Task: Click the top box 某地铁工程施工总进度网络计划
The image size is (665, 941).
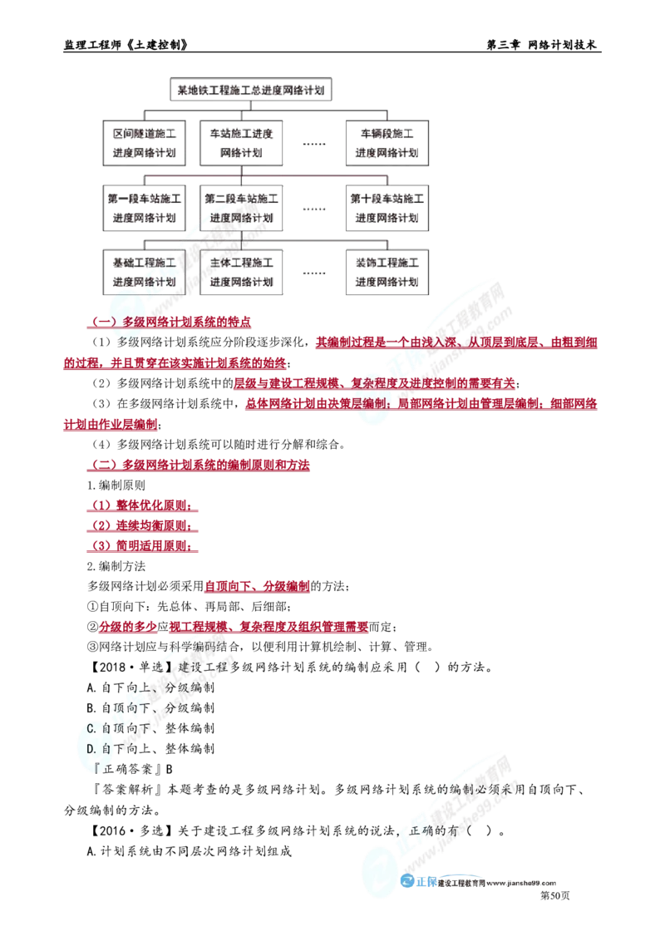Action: coord(251,90)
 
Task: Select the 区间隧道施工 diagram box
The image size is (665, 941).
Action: coord(144,143)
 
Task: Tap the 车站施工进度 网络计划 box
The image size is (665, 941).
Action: coord(241,143)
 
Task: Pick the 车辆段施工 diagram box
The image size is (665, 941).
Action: coord(387,143)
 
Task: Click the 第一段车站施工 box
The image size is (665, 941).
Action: coord(144,208)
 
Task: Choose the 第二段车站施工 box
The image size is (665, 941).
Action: coord(241,208)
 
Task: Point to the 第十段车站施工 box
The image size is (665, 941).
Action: coord(387,208)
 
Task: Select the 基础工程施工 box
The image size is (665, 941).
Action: coord(144,272)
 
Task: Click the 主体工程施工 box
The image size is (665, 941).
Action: coord(241,272)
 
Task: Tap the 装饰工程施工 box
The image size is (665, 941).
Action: coord(387,272)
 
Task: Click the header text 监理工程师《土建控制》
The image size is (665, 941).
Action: coord(126,45)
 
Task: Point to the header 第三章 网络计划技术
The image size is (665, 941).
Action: coord(541,45)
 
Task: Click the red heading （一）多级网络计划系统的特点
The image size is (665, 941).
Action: coord(170,322)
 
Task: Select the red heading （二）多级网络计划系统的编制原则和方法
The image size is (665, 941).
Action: coord(199,465)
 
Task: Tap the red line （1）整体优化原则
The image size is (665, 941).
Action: coord(141,505)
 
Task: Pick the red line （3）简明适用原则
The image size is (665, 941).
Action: coord(141,545)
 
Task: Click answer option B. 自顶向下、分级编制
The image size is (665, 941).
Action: coord(150,708)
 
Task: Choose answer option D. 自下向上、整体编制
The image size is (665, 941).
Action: coord(150,748)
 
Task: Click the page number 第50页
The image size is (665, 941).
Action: coord(555,895)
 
